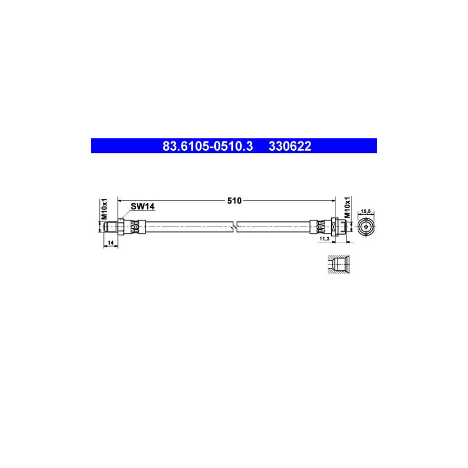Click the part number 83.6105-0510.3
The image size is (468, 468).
coord(207,146)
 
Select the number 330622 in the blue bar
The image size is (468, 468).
coord(290,146)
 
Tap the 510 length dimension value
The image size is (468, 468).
coord(235,200)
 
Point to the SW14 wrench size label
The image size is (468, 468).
coord(142,206)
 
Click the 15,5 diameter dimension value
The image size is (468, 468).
coord(366,212)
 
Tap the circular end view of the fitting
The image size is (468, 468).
coord(366,227)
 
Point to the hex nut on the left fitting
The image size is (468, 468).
coord(121,227)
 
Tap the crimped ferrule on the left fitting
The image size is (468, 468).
coord(136,227)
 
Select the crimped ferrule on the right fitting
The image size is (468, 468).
coord(318,227)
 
